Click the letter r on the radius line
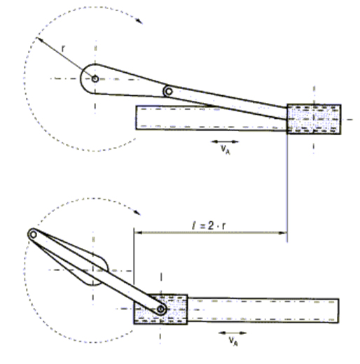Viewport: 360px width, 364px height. tap(63, 49)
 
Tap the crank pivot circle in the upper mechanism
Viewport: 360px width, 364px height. tap(95, 79)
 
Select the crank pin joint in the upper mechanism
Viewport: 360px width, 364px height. tap(168, 92)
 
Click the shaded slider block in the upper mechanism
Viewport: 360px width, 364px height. tap(314, 119)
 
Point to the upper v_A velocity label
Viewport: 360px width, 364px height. tap(226, 149)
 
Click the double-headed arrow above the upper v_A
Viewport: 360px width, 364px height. tap(225, 141)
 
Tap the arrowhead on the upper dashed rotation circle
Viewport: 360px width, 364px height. tap(139, 21)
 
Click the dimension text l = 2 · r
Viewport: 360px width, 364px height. tap(209, 225)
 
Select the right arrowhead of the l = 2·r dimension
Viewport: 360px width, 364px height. tap(283, 232)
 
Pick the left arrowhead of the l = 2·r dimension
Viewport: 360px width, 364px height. tap(138, 232)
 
